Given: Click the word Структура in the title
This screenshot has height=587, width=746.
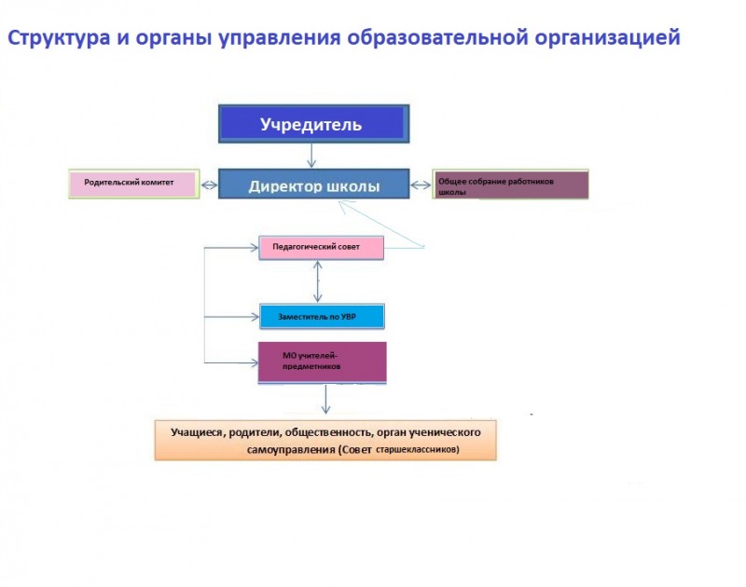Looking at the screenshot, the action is click(59, 38).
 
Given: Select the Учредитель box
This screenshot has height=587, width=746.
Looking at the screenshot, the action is click(314, 124).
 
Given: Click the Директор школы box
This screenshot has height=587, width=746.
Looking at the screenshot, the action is click(314, 184).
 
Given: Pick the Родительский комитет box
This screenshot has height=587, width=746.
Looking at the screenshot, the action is click(134, 184).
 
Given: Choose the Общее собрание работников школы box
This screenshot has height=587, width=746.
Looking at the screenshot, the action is click(510, 184).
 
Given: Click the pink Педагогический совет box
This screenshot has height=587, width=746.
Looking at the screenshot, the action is click(321, 248).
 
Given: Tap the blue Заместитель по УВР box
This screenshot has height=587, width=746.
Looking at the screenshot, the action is click(322, 317).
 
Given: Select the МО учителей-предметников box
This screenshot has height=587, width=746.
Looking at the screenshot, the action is click(322, 362).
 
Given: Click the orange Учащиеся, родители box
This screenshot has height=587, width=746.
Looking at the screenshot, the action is click(325, 440).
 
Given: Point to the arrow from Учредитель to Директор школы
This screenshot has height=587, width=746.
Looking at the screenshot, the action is click(311, 156).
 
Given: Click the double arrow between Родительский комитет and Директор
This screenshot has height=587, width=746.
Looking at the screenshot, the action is click(209, 184).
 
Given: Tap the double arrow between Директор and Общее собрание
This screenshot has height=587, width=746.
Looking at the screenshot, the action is click(421, 184).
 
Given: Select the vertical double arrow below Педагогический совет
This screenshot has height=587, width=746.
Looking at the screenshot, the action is click(318, 281).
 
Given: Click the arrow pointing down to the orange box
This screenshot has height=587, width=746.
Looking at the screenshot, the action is click(325, 400).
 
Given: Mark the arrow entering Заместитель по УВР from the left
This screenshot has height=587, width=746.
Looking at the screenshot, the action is click(231, 317).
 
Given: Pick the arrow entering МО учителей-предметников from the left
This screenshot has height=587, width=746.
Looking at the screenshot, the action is click(231, 362).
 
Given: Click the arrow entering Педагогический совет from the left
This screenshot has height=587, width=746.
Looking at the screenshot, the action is click(231, 248).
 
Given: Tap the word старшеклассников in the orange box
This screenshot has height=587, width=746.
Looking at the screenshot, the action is click(417, 449).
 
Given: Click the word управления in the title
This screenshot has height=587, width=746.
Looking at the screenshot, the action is click(280, 38).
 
